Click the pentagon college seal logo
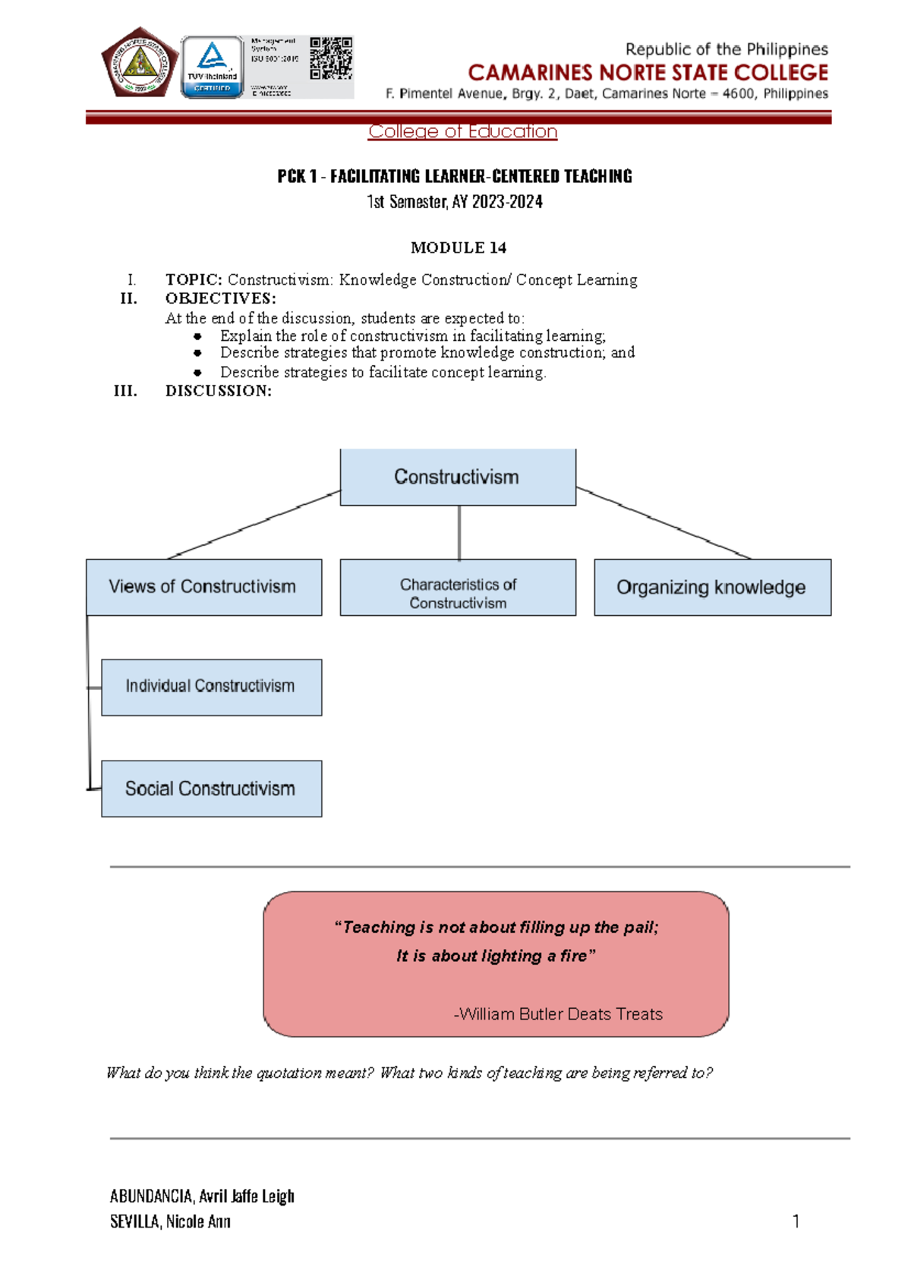(140, 63)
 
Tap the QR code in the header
(331, 58)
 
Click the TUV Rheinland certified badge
(212, 67)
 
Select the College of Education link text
(462, 131)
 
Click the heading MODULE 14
(458, 247)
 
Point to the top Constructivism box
(457, 477)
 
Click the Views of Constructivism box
(203, 587)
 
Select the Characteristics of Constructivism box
(457, 593)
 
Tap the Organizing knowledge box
(711, 587)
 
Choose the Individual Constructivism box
(211, 686)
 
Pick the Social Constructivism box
(211, 789)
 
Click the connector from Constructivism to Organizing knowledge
(664, 523)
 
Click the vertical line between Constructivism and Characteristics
(459, 532)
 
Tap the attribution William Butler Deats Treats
(559, 1014)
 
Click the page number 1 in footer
(796, 1221)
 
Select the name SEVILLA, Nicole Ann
(170, 1221)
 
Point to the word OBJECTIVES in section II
(220, 298)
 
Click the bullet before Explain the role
(197, 336)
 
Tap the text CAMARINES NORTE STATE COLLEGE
(648, 73)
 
